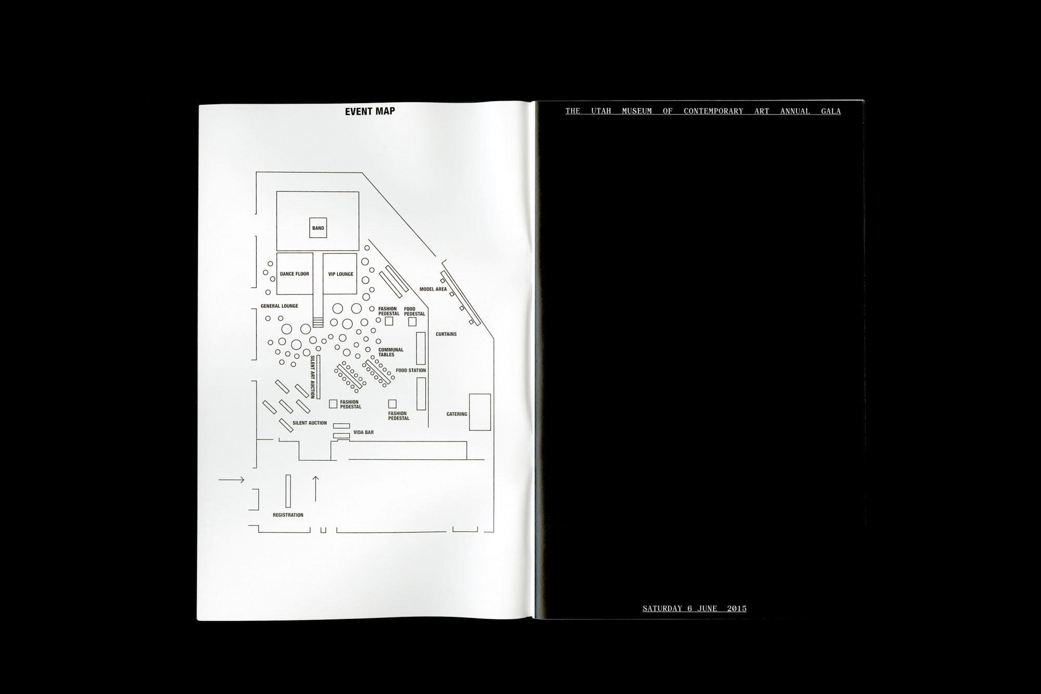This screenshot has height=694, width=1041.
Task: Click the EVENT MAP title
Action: point(370,111)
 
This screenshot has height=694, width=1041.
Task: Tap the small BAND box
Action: point(318,228)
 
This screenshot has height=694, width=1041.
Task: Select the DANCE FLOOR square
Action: point(295,274)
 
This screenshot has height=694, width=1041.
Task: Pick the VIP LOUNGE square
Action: point(340,274)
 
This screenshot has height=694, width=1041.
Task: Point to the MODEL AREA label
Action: point(433,289)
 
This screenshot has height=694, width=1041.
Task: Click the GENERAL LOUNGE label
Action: point(280,306)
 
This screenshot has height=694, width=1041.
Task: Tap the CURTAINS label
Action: point(446,334)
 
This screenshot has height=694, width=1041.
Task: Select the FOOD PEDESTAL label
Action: point(414,311)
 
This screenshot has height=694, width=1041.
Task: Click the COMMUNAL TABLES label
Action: point(390,352)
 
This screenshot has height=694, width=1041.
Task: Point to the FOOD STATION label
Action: point(411,371)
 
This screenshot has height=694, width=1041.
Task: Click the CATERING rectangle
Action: point(480,412)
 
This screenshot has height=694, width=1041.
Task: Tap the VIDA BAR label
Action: point(363,433)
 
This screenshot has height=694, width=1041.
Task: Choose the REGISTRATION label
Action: point(288,515)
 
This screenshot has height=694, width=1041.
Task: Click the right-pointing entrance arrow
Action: point(232,480)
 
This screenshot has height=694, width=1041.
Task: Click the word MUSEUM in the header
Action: point(637,111)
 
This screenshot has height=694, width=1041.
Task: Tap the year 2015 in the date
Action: point(737,608)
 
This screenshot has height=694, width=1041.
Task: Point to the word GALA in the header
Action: point(831,111)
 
